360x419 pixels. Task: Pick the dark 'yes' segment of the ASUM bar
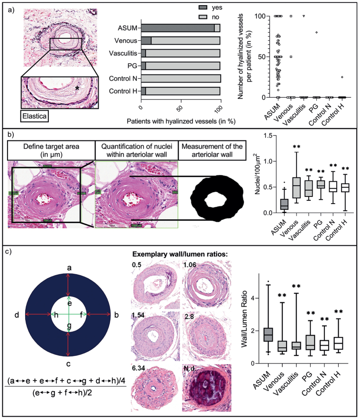[x=177, y=28]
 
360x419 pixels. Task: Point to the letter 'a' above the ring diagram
[x=69, y=268]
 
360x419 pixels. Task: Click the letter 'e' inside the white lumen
[x=69, y=303]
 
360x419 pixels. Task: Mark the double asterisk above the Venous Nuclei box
[x=298, y=147]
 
